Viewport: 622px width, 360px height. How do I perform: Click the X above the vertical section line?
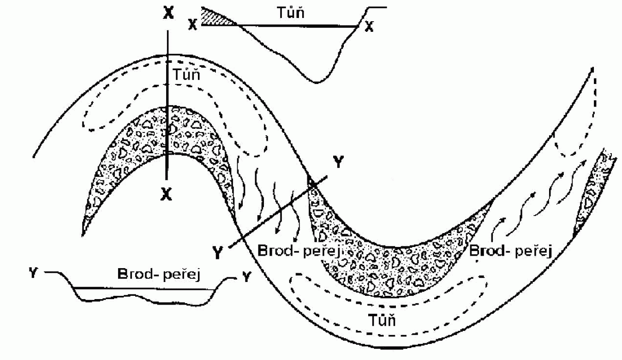[x=168, y=13]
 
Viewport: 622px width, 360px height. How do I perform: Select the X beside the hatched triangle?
[x=193, y=25]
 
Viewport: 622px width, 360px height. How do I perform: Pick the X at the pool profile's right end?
[x=369, y=27]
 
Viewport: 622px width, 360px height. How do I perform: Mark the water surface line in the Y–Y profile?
[x=143, y=289]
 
